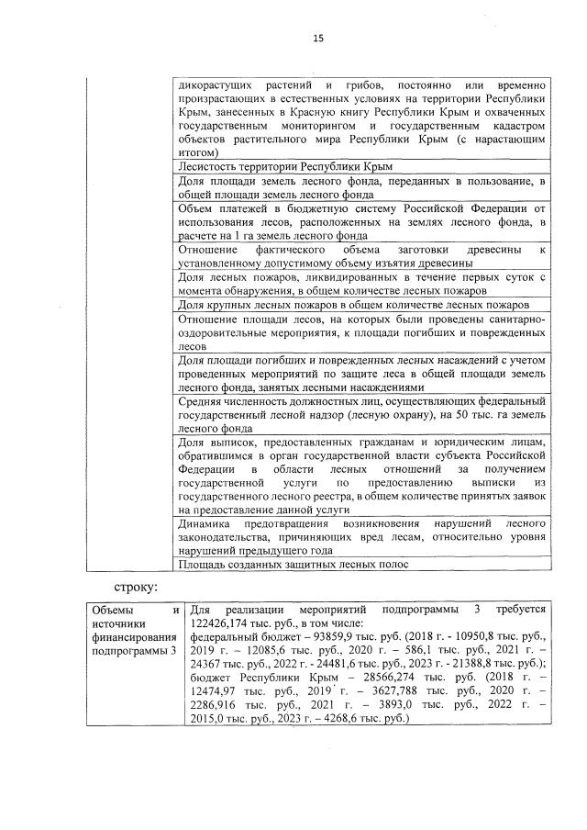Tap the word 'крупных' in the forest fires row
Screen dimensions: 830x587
[238, 304]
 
